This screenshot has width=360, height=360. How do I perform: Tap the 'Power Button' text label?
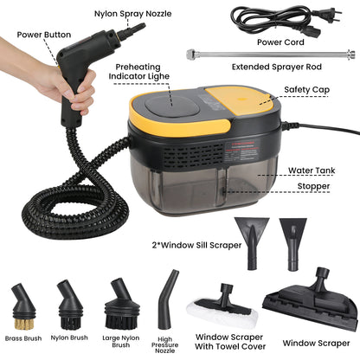[x=40, y=35]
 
